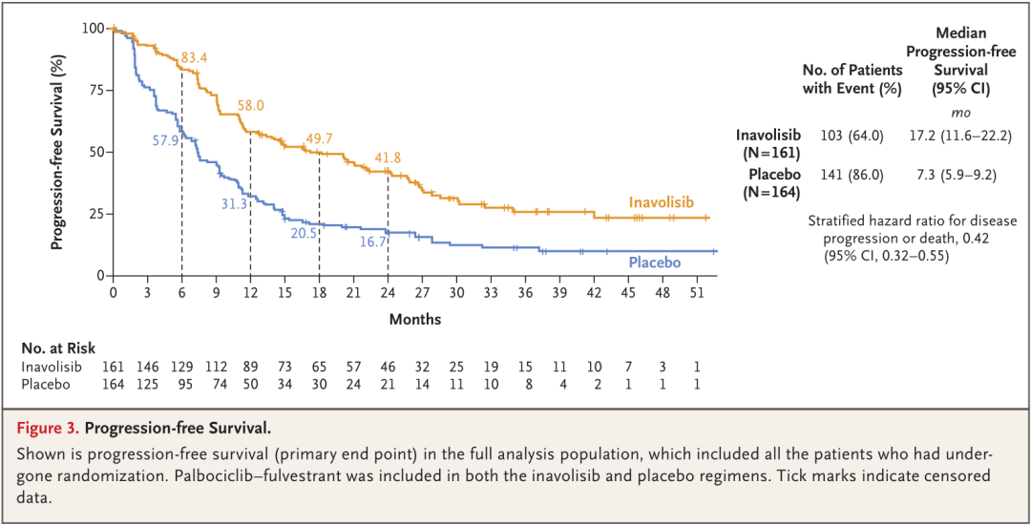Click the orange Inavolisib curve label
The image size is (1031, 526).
(x=661, y=202)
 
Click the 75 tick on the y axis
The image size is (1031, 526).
(x=95, y=90)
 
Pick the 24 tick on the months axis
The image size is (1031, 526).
(x=388, y=293)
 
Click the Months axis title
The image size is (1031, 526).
(x=415, y=319)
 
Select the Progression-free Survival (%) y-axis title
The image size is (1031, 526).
(x=58, y=153)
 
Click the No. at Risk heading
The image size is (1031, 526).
(x=58, y=348)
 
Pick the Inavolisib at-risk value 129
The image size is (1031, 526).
(x=181, y=367)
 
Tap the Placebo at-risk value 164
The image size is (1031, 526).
(x=114, y=383)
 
